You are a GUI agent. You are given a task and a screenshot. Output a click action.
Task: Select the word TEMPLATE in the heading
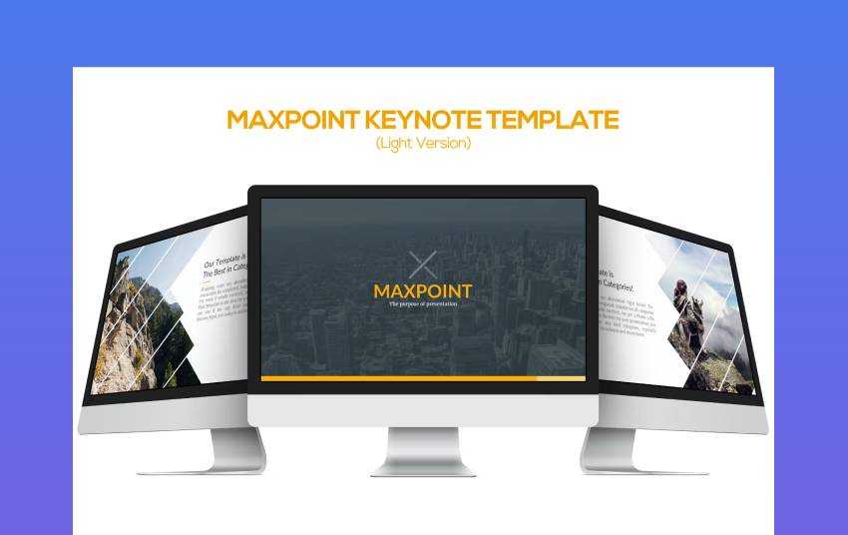coord(554,121)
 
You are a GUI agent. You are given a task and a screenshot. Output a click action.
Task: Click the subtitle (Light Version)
coord(423,144)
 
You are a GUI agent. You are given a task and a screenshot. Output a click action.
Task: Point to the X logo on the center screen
coord(423,265)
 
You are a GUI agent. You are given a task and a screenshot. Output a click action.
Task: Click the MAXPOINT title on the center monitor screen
coord(423,290)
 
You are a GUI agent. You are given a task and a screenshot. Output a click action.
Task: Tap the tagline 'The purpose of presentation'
coord(423,303)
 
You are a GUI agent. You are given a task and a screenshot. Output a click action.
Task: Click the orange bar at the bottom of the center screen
coord(399,378)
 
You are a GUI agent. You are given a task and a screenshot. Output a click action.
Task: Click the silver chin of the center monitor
coord(423,409)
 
